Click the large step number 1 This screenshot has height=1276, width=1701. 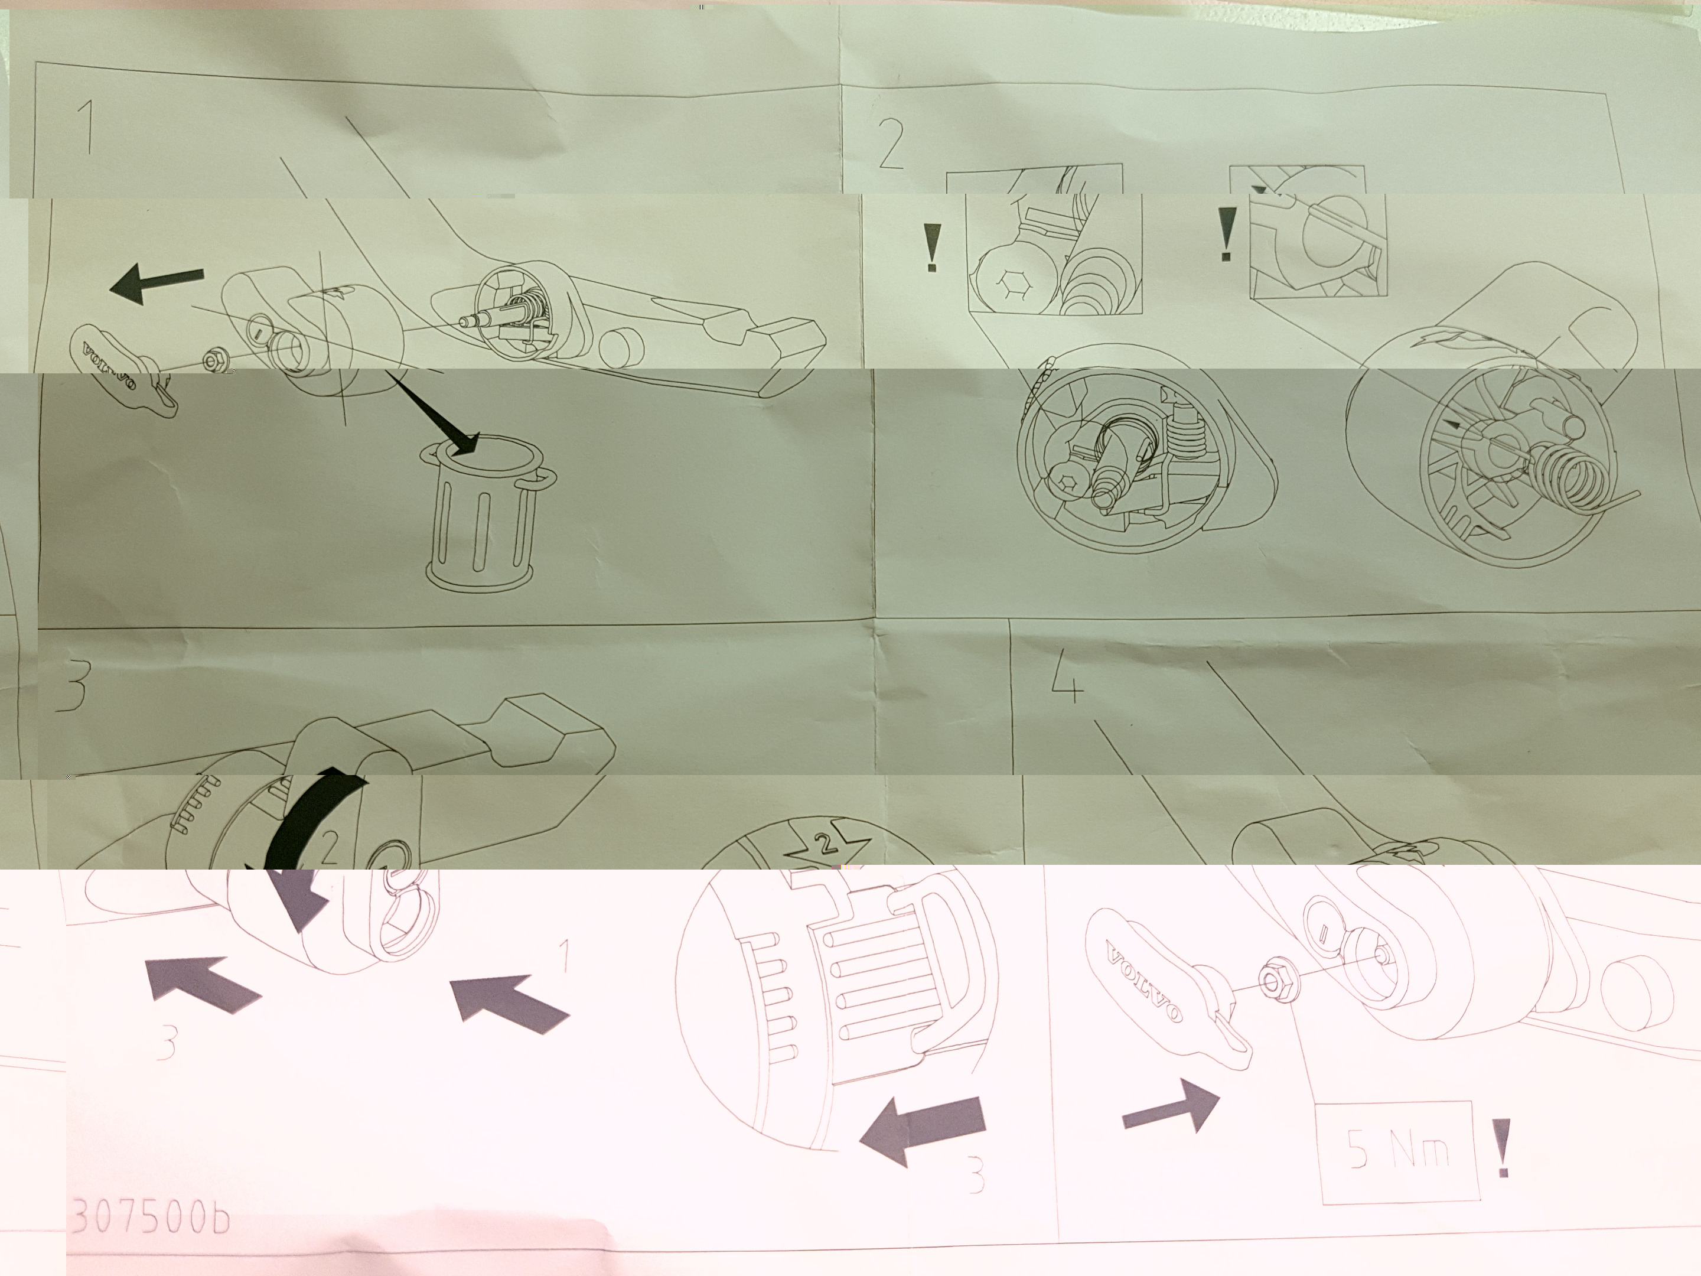[87, 127]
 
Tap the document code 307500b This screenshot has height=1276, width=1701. [151, 1216]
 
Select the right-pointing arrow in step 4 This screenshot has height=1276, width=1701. [1171, 1105]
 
